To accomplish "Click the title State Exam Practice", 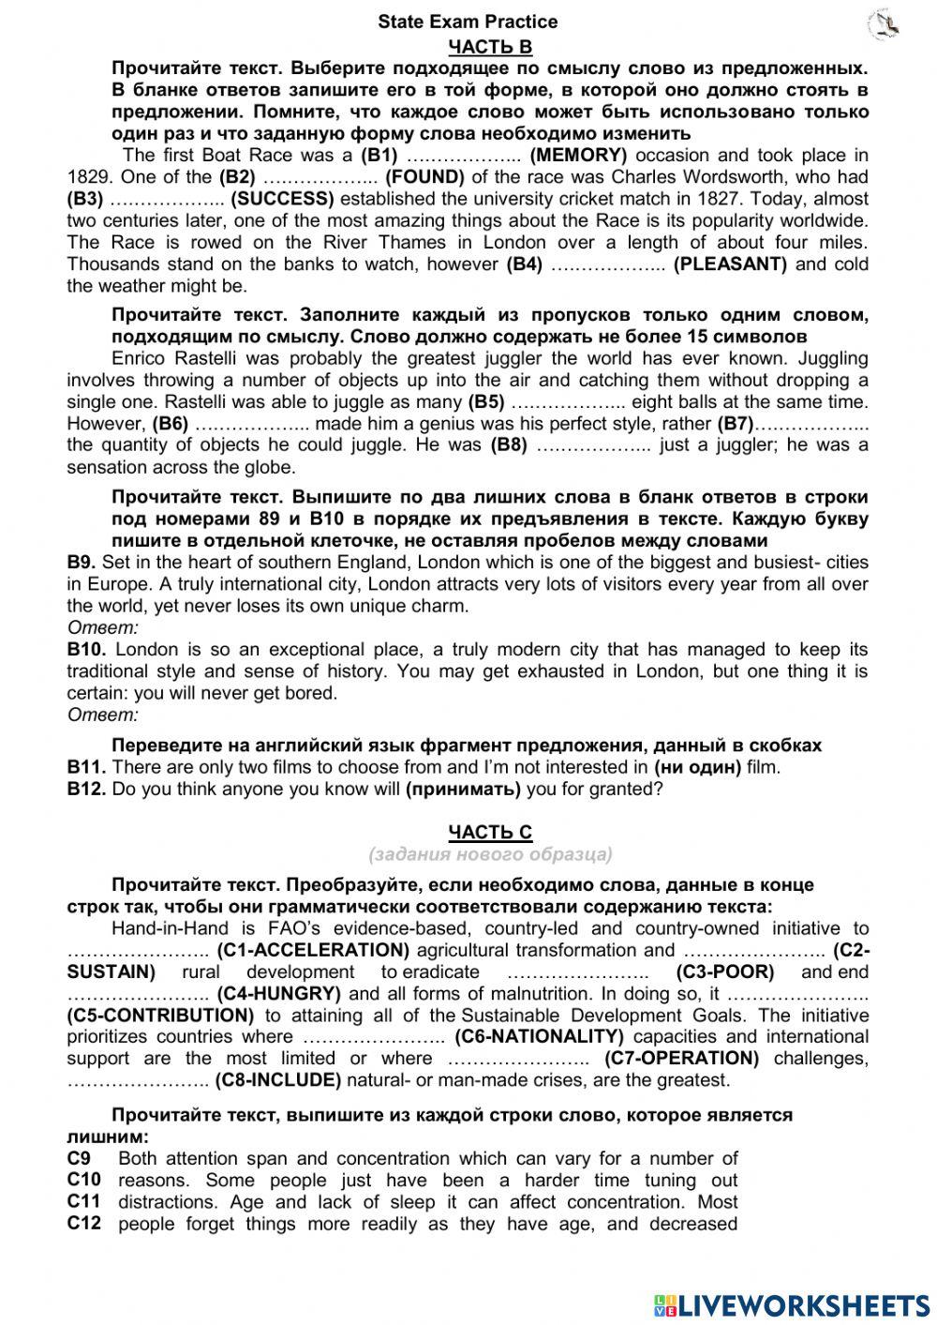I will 468,22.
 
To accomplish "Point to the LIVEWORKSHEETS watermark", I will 792,1304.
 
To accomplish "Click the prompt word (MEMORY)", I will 578,156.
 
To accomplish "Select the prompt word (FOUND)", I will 424,177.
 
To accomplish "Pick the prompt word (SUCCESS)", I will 282,199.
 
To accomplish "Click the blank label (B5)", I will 485,402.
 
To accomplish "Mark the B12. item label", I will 86,790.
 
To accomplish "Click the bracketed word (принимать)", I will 463,790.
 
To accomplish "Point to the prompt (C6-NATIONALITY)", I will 539,1037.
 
